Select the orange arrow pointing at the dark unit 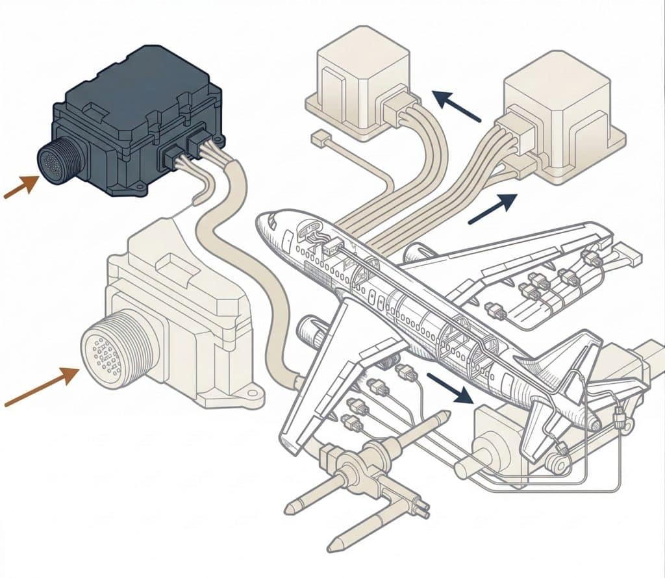(x=20, y=187)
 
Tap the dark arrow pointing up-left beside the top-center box (x=457, y=107)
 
